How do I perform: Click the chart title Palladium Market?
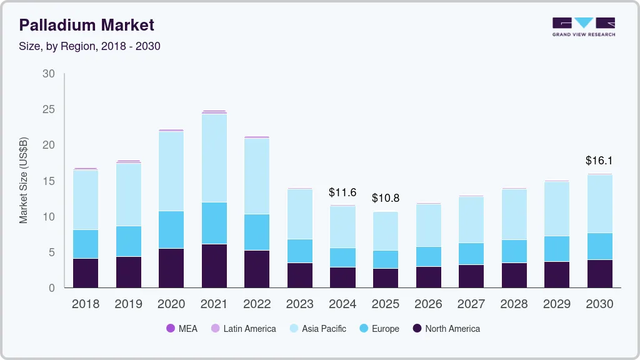(86, 25)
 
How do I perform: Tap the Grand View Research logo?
(583, 27)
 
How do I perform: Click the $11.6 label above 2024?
(342, 192)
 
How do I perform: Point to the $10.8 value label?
(386, 198)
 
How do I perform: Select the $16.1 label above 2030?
(599, 161)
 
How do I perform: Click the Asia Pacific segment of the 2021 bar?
(214, 158)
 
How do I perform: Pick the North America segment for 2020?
(171, 268)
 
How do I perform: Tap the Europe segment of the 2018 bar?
(86, 244)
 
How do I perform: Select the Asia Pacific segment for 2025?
(386, 231)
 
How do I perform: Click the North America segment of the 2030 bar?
(600, 274)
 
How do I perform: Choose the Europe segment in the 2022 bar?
(257, 232)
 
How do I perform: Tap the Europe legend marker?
(362, 329)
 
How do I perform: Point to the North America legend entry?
(446, 329)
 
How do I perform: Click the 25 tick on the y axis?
(49, 109)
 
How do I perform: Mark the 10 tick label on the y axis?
(49, 217)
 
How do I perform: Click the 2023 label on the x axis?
(300, 304)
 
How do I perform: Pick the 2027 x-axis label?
(471, 304)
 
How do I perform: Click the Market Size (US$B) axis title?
(23, 180)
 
